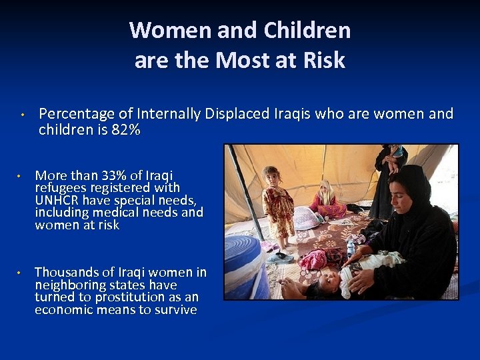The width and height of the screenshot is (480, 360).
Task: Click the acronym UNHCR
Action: [58, 201]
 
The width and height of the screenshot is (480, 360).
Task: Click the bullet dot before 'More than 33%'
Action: [21, 177]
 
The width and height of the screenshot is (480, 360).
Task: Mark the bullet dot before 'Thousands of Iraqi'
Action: [21, 273]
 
